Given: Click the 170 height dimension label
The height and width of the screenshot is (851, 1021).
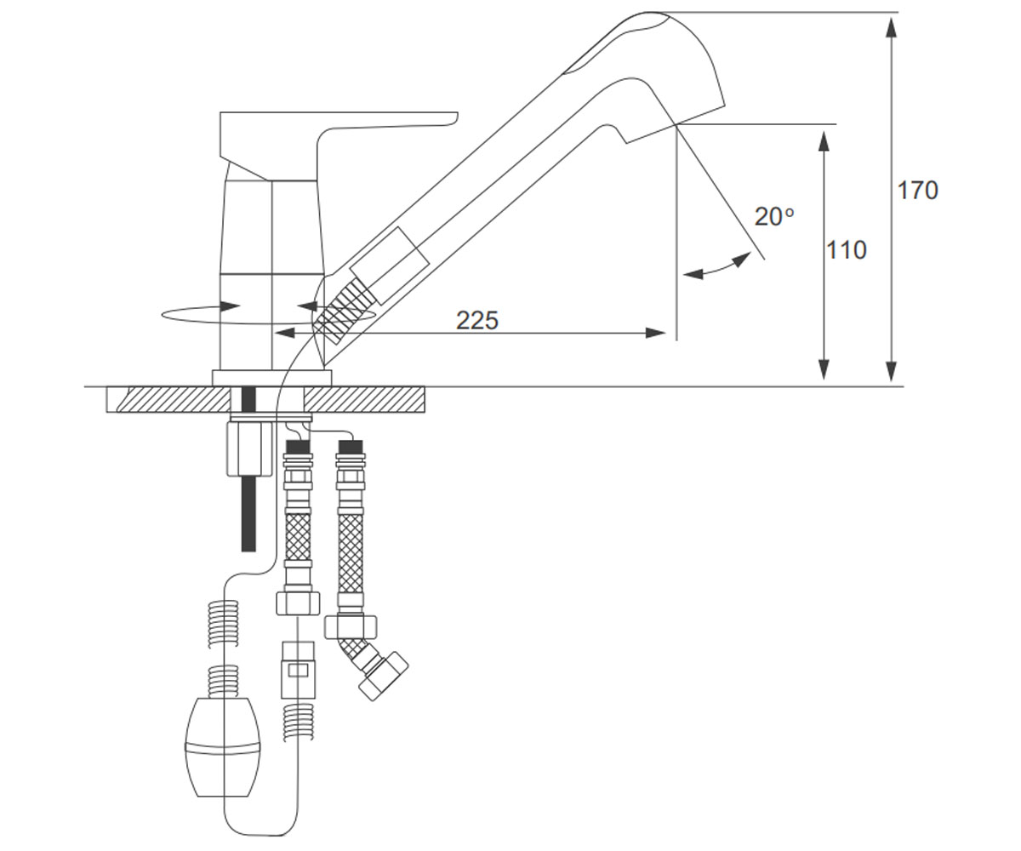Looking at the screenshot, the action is [917, 191].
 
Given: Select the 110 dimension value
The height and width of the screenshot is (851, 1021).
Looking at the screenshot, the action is [847, 250].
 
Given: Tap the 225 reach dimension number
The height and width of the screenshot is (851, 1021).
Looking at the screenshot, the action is [477, 321].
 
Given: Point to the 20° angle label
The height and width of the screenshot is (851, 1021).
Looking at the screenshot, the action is [774, 217].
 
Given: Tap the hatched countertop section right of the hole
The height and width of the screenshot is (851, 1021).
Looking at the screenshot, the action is [362, 399].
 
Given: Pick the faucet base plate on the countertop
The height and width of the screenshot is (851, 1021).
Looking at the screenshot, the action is [272, 378].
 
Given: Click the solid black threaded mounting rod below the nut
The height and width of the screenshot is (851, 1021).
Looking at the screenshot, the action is [249, 513].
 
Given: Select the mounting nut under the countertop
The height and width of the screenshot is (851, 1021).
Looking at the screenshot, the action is [249, 449].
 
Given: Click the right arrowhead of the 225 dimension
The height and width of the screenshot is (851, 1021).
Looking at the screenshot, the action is [656, 334].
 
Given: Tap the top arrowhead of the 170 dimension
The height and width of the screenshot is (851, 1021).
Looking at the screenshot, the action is [892, 27].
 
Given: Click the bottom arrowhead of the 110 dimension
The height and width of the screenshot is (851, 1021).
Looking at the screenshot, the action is [824, 369].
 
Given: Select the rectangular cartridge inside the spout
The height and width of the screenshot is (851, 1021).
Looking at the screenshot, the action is [391, 266].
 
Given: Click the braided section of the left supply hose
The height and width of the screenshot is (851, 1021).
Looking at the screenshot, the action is [298, 538].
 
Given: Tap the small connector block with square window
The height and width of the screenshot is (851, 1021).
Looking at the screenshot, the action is [298, 670].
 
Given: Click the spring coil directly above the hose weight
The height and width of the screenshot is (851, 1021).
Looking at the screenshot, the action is [223, 681].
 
